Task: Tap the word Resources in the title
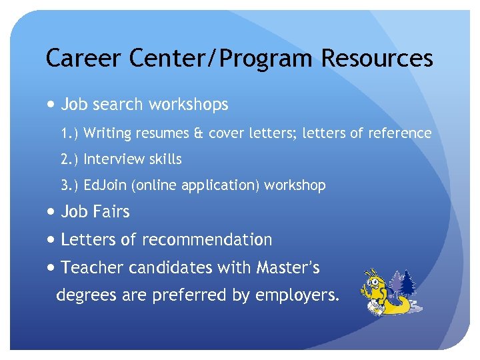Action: [x=377, y=59]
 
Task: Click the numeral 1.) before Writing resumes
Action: [x=70, y=133]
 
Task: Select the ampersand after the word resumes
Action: [x=199, y=133]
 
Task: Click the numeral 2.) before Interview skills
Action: [x=70, y=159]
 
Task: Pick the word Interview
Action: [x=113, y=159]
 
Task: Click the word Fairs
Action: [x=111, y=212]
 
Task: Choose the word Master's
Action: [x=287, y=267]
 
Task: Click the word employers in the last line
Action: [x=301, y=295]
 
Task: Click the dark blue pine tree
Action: [x=407, y=283]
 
